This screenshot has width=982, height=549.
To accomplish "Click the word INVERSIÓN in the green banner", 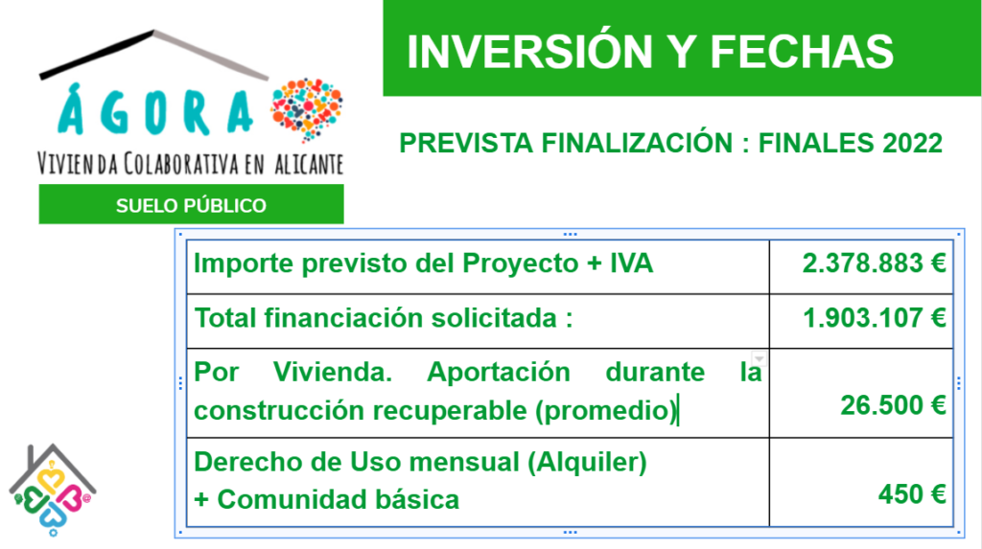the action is pyautogui.click(x=529, y=52).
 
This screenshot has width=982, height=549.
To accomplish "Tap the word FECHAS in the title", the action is pyautogui.click(x=801, y=52).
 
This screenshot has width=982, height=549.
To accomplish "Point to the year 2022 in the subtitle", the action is pyautogui.click(x=913, y=144).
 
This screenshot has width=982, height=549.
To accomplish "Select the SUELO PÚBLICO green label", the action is pyautogui.click(x=191, y=205).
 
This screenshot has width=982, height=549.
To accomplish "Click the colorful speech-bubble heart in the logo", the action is pyautogui.click(x=307, y=108).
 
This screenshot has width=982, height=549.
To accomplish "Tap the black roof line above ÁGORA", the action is pyautogui.click(x=97, y=55).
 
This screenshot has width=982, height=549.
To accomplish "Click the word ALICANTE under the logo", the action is pyautogui.click(x=309, y=165).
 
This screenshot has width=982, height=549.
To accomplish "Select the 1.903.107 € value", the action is pyautogui.click(x=874, y=318).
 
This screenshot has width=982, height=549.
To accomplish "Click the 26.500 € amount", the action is pyautogui.click(x=893, y=405).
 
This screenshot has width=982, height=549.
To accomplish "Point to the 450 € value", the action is pyautogui.click(x=911, y=494).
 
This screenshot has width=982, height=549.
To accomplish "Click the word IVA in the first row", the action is pyautogui.click(x=632, y=263).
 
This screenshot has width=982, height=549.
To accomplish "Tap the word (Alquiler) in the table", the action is pyautogui.click(x=587, y=463).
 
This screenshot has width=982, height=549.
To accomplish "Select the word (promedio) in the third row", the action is pyautogui.click(x=606, y=411).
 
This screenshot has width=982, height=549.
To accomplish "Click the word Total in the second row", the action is pyautogui.click(x=225, y=318).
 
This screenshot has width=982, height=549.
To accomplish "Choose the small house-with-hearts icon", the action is pyautogui.click(x=52, y=491).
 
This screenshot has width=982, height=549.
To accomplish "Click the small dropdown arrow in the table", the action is pyautogui.click(x=759, y=358).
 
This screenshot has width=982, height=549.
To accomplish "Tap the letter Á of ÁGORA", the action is pyautogui.click(x=71, y=109).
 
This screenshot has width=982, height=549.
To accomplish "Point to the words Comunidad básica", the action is pyautogui.click(x=339, y=499).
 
